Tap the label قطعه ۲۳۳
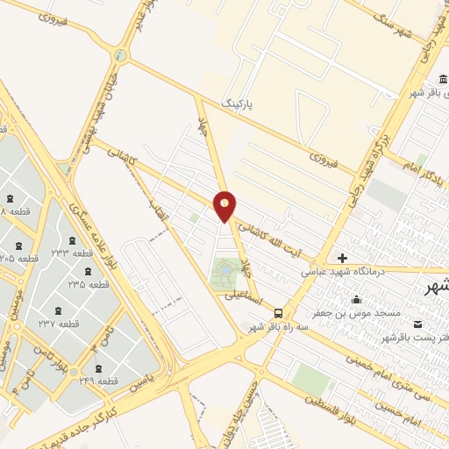(83, 253)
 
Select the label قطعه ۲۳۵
(89, 285)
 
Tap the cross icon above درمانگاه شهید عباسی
(342, 259)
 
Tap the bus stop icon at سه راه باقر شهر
(278, 312)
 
